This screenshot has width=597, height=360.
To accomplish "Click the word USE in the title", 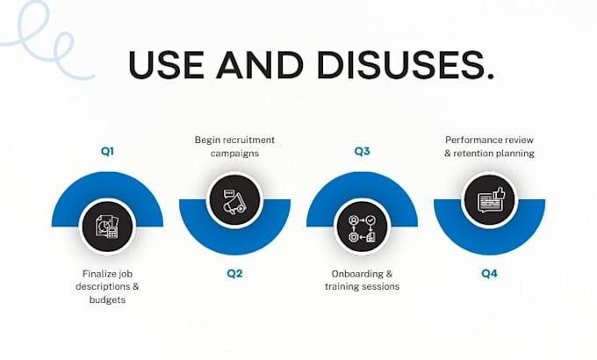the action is pyautogui.click(x=167, y=65).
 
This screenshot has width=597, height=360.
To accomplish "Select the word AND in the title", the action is pyautogui.click(x=260, y=65).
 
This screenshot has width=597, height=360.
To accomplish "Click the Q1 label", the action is pyautogui.click(x=107, y=151).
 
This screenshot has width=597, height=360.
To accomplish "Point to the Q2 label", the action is pyautogui.click(x=234, y=274).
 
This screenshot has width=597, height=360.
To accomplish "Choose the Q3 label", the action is pyautogui.click(x=362, y=151).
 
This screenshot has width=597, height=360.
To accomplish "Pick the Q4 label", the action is pyautogui.click(x=489, y=274).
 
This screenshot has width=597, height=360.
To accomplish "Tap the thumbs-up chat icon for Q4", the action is pyautogui.click(x=491, y=200).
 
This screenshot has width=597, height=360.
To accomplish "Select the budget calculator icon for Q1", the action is pyautogui.click(x=107, y=227).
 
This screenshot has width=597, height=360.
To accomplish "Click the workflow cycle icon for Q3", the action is pyautogui.click(x=362, y=228).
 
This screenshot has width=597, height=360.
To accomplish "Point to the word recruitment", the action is pyautogui.click(x=248, y=140).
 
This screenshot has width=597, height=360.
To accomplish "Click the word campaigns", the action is pyautogui.click(x=234, y=154).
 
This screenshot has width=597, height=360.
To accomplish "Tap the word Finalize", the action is pyautogui.click(x=98, y=274).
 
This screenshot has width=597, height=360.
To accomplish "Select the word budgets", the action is pyautogui.click(x=107, y=299).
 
